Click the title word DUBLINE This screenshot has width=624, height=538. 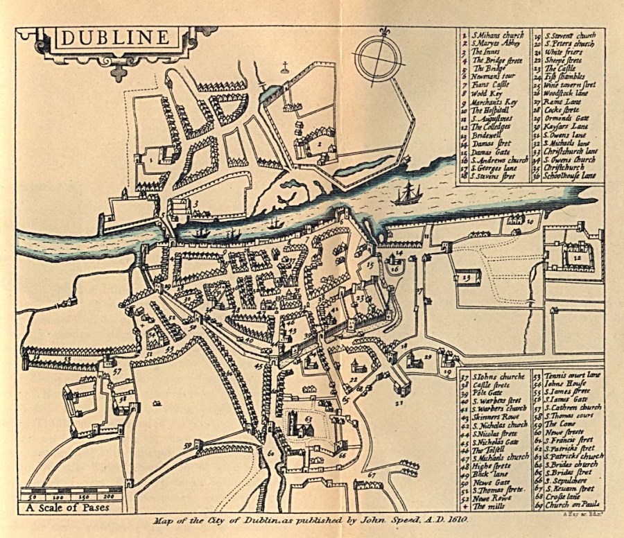[114, 38]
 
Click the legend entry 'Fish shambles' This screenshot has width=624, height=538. [564, 77]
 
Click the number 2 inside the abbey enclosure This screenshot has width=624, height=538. [320, 144]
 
